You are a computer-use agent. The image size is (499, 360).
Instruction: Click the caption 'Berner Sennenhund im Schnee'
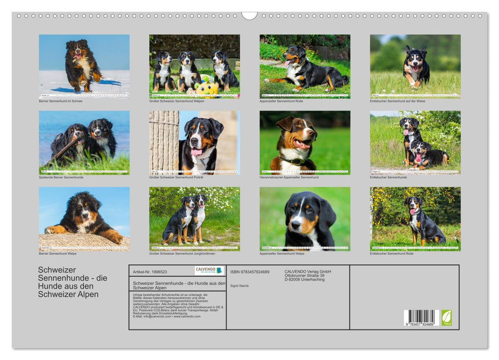[61, 101]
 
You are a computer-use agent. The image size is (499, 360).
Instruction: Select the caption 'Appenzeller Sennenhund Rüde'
[282, 101]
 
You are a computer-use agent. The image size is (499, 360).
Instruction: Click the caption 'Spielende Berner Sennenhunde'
[61, 177]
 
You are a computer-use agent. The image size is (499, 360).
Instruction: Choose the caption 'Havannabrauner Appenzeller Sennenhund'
[289, 177]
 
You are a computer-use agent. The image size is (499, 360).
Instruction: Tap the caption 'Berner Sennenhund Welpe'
[58, 254]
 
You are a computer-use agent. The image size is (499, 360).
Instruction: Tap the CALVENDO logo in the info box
[209, 271]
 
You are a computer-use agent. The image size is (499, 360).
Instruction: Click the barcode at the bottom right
[421, 318]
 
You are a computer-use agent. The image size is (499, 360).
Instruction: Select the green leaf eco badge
[447, 317]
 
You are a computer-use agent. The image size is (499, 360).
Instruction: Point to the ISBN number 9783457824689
[250, 272]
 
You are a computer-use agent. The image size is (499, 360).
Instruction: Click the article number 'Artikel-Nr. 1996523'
[150, 272]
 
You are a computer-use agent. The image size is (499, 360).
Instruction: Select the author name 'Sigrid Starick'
[239, 285]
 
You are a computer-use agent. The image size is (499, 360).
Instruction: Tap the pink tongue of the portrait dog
[197, 152]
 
